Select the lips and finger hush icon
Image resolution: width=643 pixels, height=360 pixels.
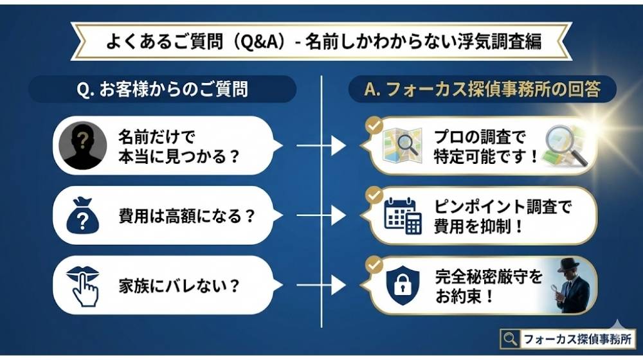pos(83,285)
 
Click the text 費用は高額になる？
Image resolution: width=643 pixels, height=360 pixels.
pos(187,216)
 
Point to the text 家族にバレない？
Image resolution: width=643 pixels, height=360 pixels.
pos(174,285)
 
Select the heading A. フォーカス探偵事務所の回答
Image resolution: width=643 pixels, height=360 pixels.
pos(482,89)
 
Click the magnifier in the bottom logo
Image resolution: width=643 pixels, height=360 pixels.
pos(511,339)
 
